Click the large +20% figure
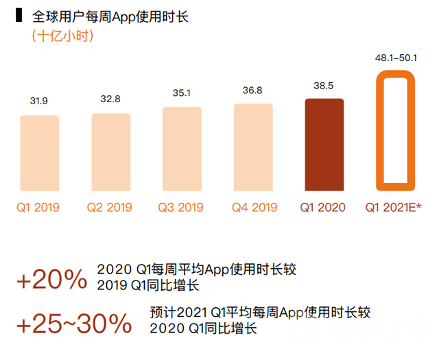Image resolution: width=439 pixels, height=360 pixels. pos(52,280)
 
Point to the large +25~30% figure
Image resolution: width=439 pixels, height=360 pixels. pos(73,323)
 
